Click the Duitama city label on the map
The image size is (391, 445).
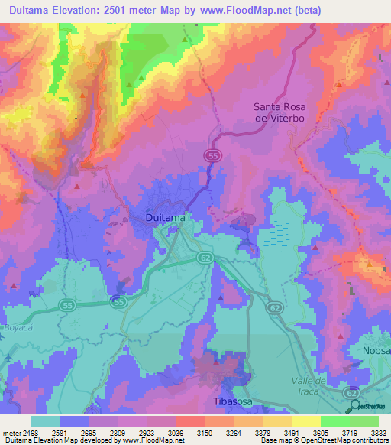pyautogui.click(x=164, y=218)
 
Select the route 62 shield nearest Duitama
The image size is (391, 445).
pyautogui.click(x=205, y=258)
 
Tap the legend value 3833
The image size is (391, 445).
pyautogui.click(x=376, y=433)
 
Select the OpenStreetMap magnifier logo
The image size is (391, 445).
pyautogui.click(x=355, y=406)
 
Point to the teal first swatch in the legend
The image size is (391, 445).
pyautogui.click(x=45, y=421)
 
